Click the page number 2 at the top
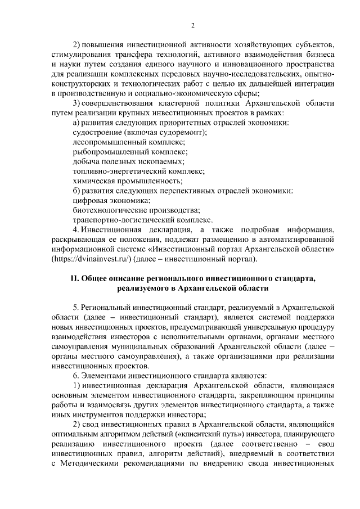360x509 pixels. point(192,26)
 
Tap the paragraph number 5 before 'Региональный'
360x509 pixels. point(75,307)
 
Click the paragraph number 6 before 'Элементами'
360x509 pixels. point(75,375)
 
